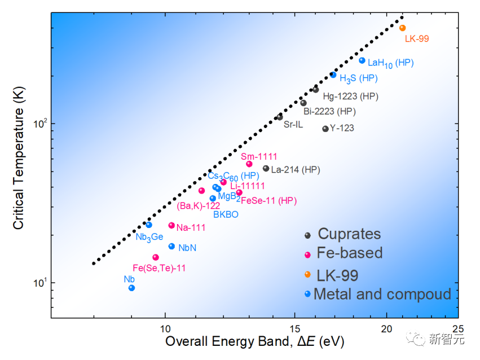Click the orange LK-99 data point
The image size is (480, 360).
coord(402,28)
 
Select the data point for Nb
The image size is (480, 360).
coord(131,288)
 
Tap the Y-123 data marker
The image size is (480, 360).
coord(325,129)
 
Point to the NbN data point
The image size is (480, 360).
coord(171,247)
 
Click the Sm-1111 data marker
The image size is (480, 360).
coord(249,164)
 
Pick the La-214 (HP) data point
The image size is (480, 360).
coord(266,168)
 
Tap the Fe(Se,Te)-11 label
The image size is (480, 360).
coord(159,268)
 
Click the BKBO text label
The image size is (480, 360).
coord(226,214)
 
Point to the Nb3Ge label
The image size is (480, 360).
coord(149,237)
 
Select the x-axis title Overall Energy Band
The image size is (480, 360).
coord(254,342)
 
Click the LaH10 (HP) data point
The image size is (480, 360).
coord(362,60)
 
